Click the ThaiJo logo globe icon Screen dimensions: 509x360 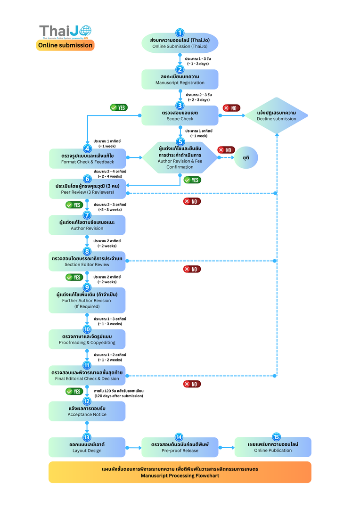click(x=86, y=31)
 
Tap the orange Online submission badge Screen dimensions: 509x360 click(x=65, y=45)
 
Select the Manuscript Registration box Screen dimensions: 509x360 click(x=180, y=80)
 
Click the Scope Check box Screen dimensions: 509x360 click(x=180, y=115)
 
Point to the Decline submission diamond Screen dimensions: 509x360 click(x=277, y=115)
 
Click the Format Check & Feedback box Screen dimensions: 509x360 click(x=88, y=158)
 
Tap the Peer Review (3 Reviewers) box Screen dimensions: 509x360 click(x=88, y=189)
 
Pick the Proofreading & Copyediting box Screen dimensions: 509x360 click(x=87, y=339)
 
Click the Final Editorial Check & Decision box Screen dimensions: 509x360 click(x=87, y=376)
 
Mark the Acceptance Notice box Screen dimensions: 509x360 click(x=87, y=411)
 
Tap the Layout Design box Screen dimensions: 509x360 click(x=87, y=447)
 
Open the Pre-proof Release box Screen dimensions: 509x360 click(x=180, y=447)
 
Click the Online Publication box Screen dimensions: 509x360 click(x=273, y=447)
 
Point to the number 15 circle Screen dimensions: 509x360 click(x=276, y=437)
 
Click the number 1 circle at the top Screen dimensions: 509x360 click(x=180, y=33)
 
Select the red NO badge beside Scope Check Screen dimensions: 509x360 click(x=231, y=108)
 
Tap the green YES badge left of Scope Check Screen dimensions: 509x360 click(x=118, y=107)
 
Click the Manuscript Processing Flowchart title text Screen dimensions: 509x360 click(x=180, y=472)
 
